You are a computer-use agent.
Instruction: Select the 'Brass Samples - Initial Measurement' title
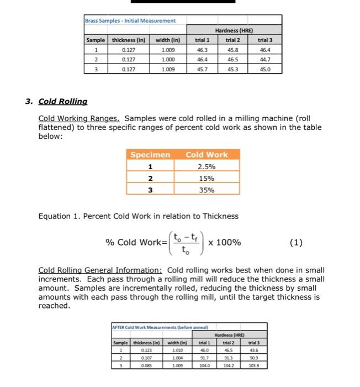(130, 20)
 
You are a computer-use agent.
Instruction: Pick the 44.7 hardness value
(265, 60)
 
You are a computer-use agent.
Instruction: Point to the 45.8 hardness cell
(234, 50)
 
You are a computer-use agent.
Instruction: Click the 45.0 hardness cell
(265, 70)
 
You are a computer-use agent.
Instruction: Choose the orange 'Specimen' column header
(150, 155)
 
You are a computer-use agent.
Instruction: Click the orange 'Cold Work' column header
(207, 155)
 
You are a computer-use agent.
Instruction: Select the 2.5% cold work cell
(207, 166)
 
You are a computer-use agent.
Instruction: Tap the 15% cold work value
(207, 178)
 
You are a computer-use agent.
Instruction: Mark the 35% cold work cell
(207, 190)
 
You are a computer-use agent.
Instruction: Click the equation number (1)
(297, 243)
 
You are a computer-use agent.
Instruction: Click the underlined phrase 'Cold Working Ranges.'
(80, 118)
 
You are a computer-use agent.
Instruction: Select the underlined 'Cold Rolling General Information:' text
(100, 270)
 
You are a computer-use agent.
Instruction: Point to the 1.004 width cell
(177, 358)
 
